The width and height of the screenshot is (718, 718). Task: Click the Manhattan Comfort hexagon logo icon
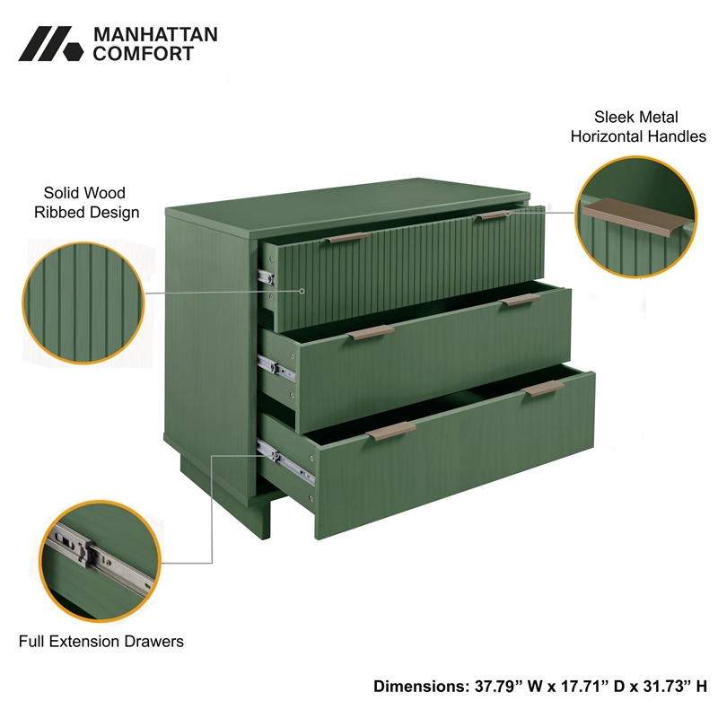pos(50,44)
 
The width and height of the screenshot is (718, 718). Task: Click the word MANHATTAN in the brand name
pos(155,35)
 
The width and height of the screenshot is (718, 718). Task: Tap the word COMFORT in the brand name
pos(144,54)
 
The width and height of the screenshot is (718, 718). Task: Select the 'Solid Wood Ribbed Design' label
pos(86,202)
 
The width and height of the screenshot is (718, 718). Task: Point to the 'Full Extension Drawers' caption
pos(101,641)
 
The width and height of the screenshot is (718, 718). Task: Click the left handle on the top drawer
pos(347,238)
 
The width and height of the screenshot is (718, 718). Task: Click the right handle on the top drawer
pos(493,215)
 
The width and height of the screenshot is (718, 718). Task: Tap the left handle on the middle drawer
pos(371,333)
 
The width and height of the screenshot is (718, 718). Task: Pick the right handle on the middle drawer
pos(521,301)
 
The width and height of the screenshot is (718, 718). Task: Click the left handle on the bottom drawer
pos(391,430)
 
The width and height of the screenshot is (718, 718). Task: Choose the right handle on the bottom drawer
pos(545,389)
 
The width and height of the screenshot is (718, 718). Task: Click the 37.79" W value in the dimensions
pos(509,687)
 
